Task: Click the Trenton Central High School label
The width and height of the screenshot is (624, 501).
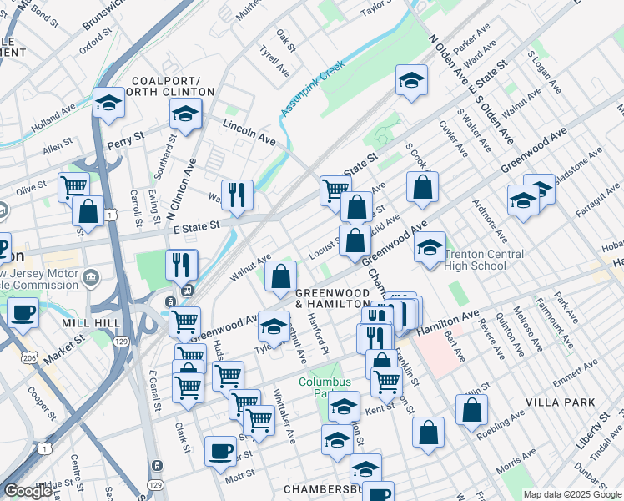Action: click(484, 260)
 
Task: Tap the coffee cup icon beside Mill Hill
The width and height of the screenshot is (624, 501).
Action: click(23, 312)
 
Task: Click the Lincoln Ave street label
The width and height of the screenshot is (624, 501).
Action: click(249, 129)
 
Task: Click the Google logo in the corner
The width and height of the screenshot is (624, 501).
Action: click(28, 490)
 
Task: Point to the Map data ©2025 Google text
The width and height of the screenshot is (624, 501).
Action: click(571, 494)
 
